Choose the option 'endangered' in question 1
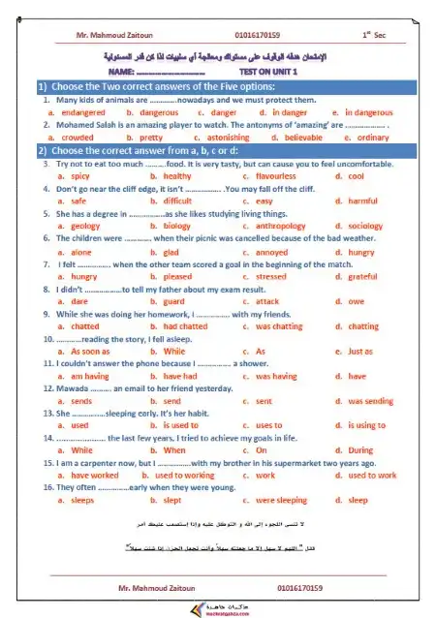click(x=82, y=112)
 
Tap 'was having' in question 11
click(x=276, y=376)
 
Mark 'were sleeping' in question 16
click(x=282, y=501)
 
